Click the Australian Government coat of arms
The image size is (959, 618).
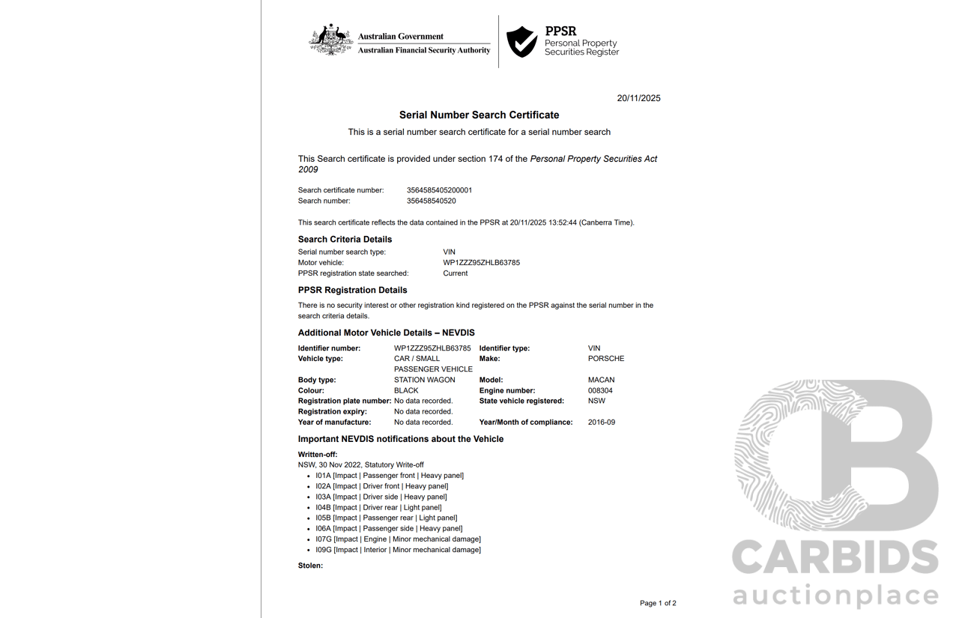click(x=331, y=40)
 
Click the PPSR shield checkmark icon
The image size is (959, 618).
click(x=521, y=42)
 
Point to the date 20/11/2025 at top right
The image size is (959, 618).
click(x=638, y=98)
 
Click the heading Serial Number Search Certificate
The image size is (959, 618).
click(x=479, y=115)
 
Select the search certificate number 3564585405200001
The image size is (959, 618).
click(x=439, y=190)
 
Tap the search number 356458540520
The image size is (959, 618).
click(x=431, y=201)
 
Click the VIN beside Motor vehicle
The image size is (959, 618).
click(x=481, y=263)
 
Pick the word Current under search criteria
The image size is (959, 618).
click(x=455, y=273)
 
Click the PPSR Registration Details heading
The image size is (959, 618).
click(x=352, y=290)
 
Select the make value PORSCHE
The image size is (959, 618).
click(x=605, y=359)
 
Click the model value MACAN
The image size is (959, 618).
click(x=601, y=380)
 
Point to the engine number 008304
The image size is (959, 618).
click(x=600, y=390)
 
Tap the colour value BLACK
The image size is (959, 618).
click(x=406, y=390)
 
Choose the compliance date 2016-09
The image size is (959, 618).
click(x=602, y=422)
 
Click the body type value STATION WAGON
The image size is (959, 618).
click(x=424, y=380)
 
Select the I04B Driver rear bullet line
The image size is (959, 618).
click(x=378, y=508)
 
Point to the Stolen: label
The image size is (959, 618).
click(x=310, y=566)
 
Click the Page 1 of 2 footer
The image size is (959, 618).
click(x=657, y=603)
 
